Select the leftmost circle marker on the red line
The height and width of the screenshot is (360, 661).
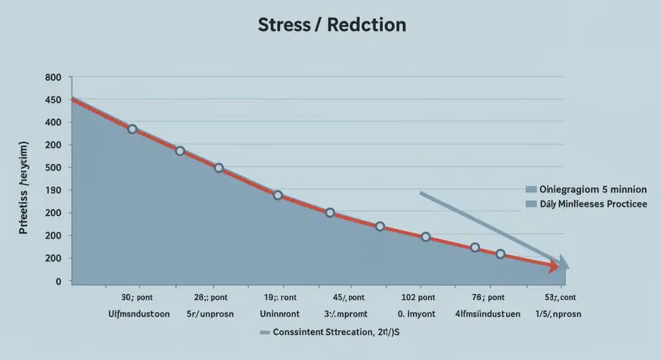click(x=132, y=129)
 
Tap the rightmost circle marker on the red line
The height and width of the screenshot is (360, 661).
click(x=500, y=254)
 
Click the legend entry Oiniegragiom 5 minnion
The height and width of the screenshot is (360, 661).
click(x=593, y=189)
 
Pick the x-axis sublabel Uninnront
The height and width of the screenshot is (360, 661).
click(x=279, y=314)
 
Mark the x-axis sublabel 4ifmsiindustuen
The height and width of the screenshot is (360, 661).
click(x=487, y=314)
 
